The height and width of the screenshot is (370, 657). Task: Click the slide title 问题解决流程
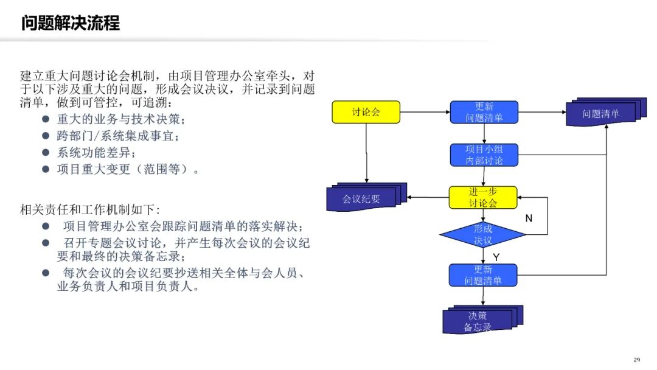(71, 23)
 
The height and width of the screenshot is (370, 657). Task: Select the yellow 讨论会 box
(366, 112)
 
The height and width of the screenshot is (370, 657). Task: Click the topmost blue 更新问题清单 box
(484, 112)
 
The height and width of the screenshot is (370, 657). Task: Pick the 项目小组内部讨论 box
(484, 155)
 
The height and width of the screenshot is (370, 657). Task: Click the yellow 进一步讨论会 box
(482, 197)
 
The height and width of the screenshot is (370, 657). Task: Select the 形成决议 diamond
(482, 235)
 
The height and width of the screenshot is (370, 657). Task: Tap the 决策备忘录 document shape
(482, 319)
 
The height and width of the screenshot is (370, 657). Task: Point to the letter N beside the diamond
(529, 218)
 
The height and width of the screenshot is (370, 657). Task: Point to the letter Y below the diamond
(496, 257)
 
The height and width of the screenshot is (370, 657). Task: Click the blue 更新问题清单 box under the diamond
(482, 275)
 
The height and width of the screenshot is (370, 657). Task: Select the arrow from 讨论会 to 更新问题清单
(425, 112)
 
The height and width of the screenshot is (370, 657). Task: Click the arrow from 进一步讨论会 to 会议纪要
(428, 197)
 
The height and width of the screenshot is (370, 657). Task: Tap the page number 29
(637, 360)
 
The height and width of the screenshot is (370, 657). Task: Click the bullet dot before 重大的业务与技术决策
(46, 119)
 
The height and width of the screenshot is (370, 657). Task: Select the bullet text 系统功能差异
(96, 153)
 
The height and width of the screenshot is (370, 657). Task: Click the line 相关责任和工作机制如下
(89, 209)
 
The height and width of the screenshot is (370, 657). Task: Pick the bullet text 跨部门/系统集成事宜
(118, 136)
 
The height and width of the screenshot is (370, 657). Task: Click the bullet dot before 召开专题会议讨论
(46, 243)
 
